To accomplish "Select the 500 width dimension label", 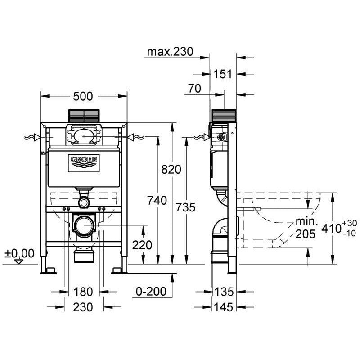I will click(83, 96).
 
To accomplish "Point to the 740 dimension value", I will click(157, 200).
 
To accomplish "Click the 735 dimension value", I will click(185, 207).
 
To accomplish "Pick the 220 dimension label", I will click(143, 245).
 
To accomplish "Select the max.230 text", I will click(170, 52).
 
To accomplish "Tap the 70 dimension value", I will click(194, 89).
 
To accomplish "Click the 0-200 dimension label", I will click(151, 292).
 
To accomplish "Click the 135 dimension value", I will click(224, 292).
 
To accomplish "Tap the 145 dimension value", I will click(224, 307).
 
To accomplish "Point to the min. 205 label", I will click(306, 228).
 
